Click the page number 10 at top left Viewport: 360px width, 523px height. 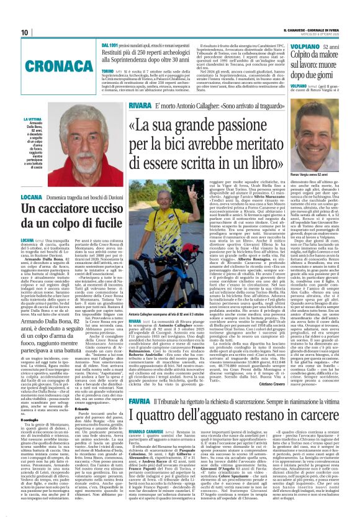[x=24, y=32]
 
